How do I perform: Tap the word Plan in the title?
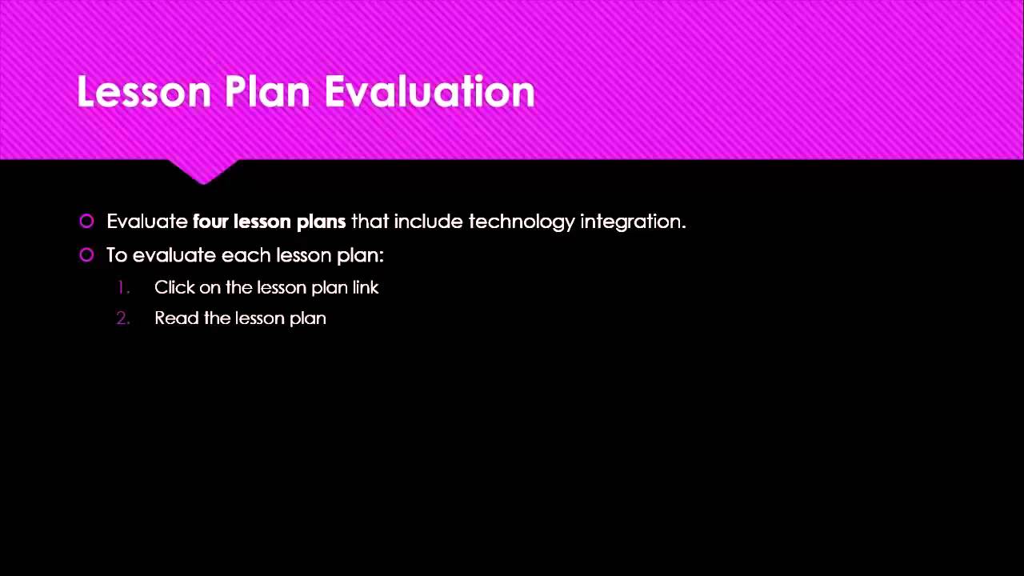[x=267, y=92]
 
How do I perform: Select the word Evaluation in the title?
[x=430, y=92]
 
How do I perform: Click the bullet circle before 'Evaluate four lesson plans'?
[x=86, y=222]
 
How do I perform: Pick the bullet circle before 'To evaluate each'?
[x=86, y=255]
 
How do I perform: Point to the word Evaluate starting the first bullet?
[x=146, y=222]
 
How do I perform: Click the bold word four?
[x=210, y=222]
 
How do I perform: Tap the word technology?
[x=521, y=222]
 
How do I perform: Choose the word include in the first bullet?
[x=428, y=222]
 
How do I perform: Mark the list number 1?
[x=122, y=288]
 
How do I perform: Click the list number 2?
[x=122, y=318]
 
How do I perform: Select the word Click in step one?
[x=174, y=288]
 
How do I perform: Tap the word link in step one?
[x=366, y=288]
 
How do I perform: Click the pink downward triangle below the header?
[x=202, y=170]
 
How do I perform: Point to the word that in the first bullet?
[x=370, y=222]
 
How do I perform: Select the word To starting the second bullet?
[x=117, y=255]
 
